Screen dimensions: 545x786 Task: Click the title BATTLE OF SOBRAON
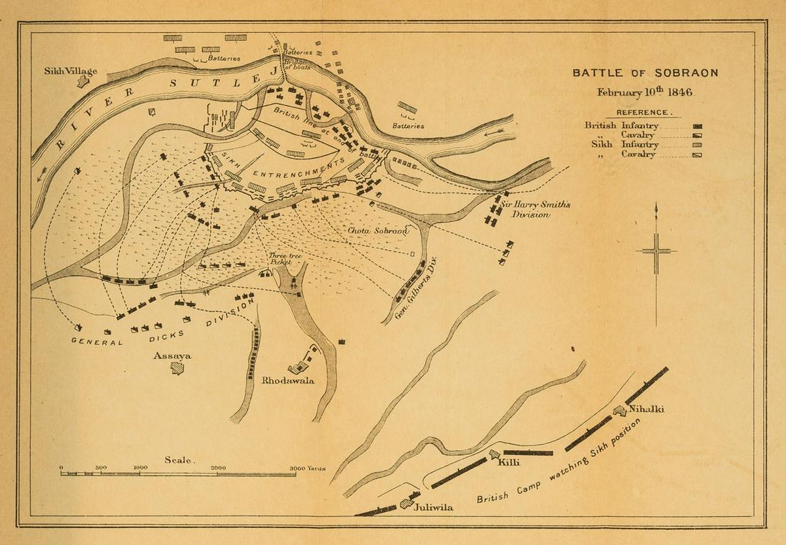(645, 73)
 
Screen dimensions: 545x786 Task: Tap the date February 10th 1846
(645, 92)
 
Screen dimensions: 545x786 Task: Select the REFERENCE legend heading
(644, 112)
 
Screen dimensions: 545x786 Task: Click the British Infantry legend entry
(622, 125)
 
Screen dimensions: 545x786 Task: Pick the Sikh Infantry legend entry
(622, 144)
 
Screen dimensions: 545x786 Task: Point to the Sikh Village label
(70, 71)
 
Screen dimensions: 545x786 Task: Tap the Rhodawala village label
(288, 380)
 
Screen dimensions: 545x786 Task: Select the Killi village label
(509, 463)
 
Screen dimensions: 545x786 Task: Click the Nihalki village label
(646, 409)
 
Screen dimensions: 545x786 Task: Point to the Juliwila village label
(433, 506)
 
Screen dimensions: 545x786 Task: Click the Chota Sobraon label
(378, 231)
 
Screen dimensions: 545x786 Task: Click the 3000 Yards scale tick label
(307, 468)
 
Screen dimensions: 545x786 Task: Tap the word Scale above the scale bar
(178, 460)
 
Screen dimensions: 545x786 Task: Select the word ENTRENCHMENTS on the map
(296, 174)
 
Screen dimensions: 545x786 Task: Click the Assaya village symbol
(176, 368)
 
